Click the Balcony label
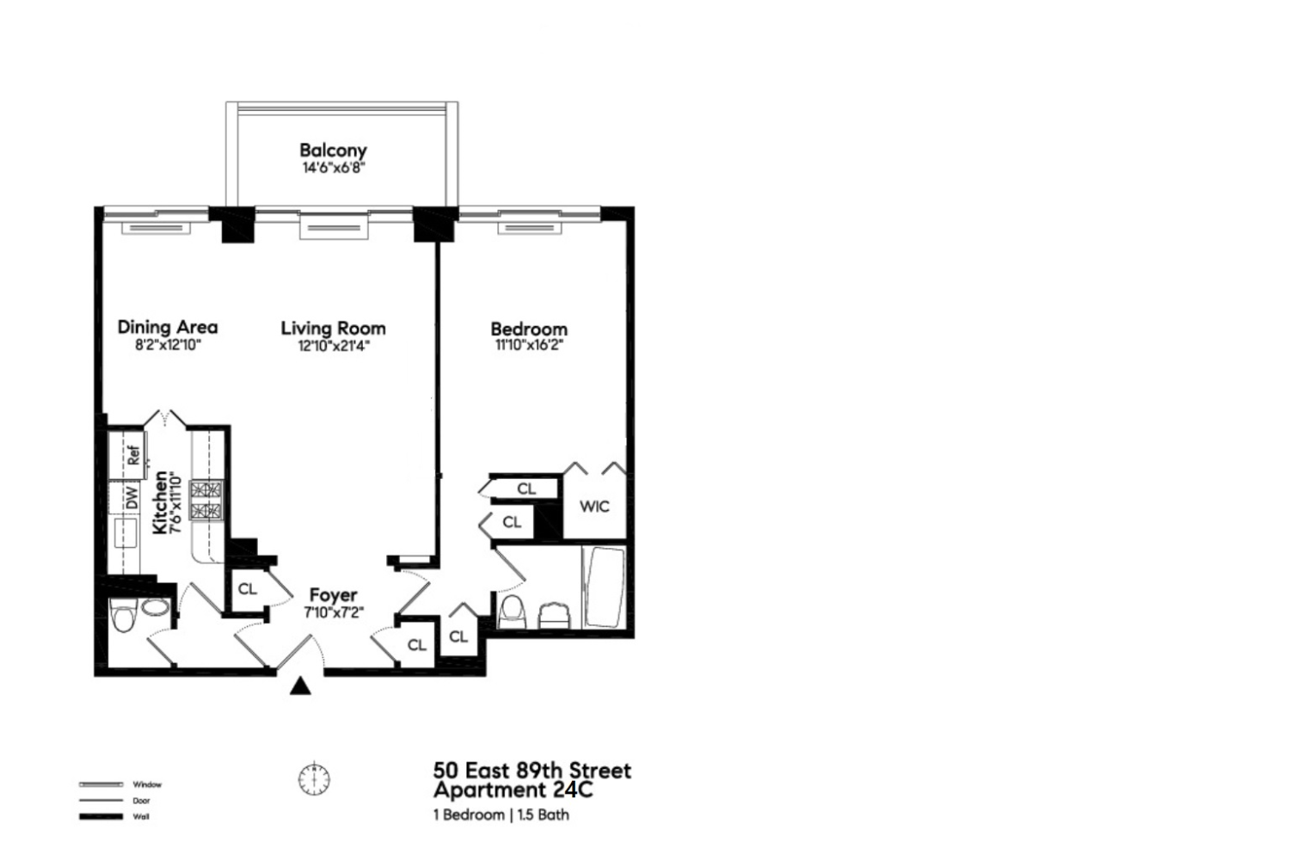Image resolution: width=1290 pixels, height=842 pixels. pos(333,151)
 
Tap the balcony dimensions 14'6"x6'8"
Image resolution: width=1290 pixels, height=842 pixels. pos(333,168)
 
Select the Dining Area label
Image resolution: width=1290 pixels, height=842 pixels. pos(168,327)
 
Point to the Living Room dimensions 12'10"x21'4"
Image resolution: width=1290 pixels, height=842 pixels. pos(333,347)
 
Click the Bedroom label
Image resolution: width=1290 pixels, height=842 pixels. pos(529,329)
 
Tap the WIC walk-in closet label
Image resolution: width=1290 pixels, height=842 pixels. pos(594,507)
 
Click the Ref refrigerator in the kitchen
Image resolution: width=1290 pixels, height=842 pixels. pos(133,454)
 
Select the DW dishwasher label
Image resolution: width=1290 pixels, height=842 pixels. pos(132,498)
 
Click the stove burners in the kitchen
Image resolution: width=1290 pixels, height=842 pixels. pos(206,501)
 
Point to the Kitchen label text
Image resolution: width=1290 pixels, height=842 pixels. pos(160,502)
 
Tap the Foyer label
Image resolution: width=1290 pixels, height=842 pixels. pos(333,595)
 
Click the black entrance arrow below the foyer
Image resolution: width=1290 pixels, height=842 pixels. pos(299,685)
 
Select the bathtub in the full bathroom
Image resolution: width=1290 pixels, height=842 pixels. pos(603,587)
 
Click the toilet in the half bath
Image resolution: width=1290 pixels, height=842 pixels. pos(125,616)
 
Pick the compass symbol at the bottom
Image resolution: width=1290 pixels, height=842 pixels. pos(315,779)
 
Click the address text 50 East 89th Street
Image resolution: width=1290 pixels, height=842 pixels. pos(531,770)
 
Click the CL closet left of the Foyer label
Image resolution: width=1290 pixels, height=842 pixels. pos(248,589)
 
